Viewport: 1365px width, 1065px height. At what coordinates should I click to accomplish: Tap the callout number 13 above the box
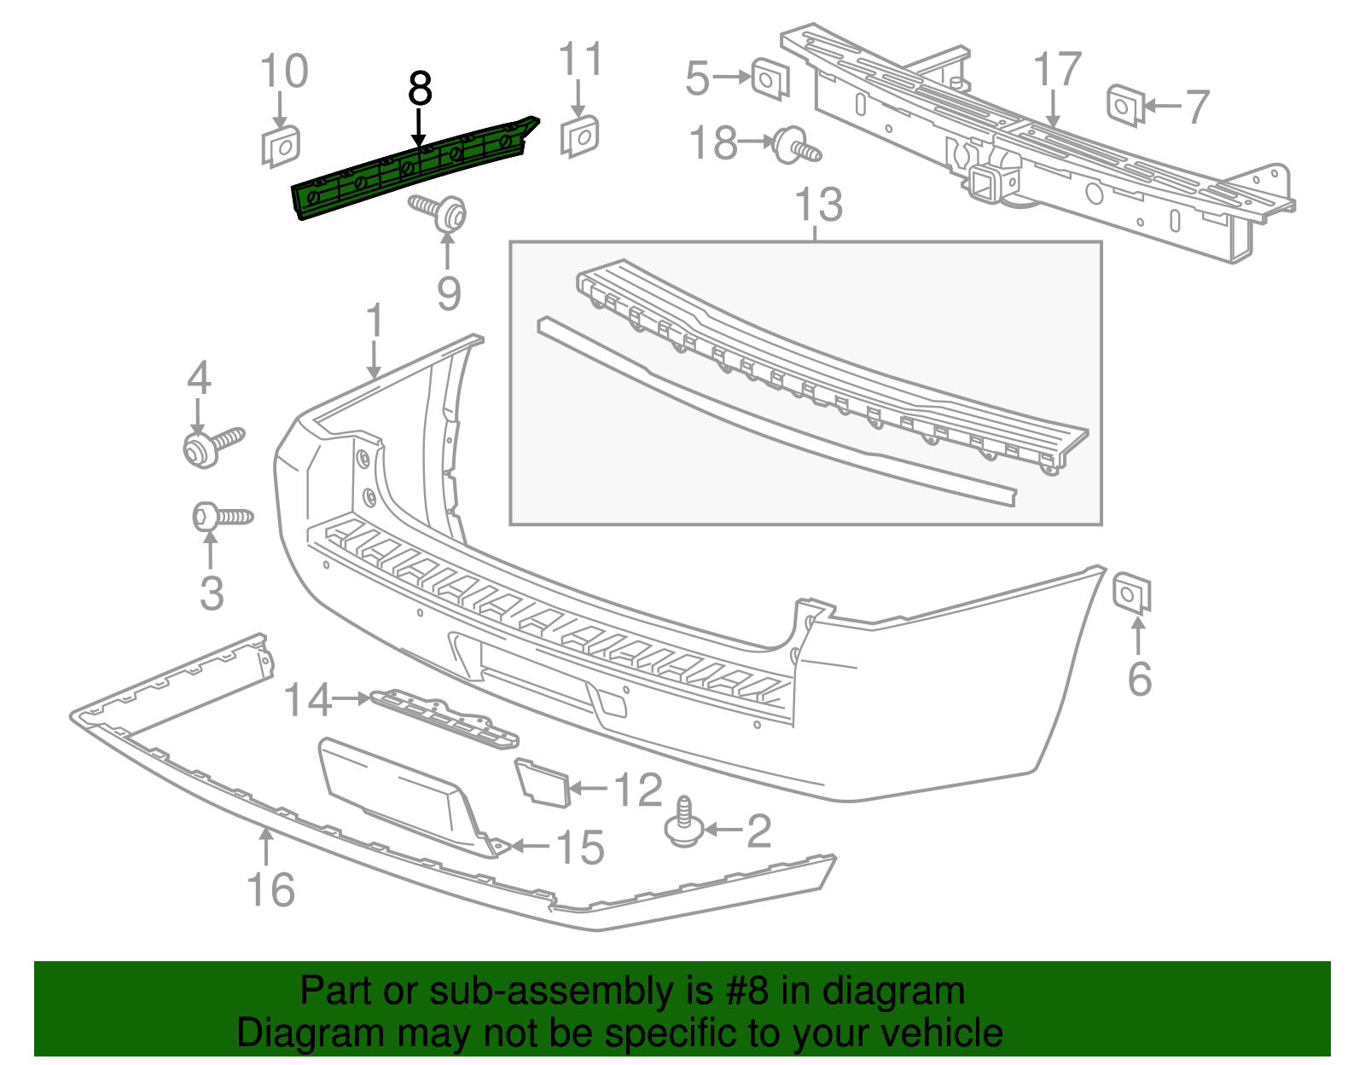click(x=818, y=205)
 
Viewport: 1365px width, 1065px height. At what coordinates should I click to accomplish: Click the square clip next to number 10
click(x=280, y=146)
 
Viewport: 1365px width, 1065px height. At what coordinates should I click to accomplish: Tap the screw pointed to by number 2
click(x=683, y=824)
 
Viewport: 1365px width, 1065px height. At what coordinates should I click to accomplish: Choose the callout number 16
click(x=270, y=889)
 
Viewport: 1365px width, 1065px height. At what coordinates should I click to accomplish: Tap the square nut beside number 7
click(x=1124, y=106)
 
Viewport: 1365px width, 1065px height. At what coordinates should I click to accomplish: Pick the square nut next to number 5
click(x=770, y=80)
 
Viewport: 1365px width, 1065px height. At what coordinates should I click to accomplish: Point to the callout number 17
click(x=1057, y=70)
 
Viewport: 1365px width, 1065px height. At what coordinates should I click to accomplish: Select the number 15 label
click(x=580, y=848)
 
